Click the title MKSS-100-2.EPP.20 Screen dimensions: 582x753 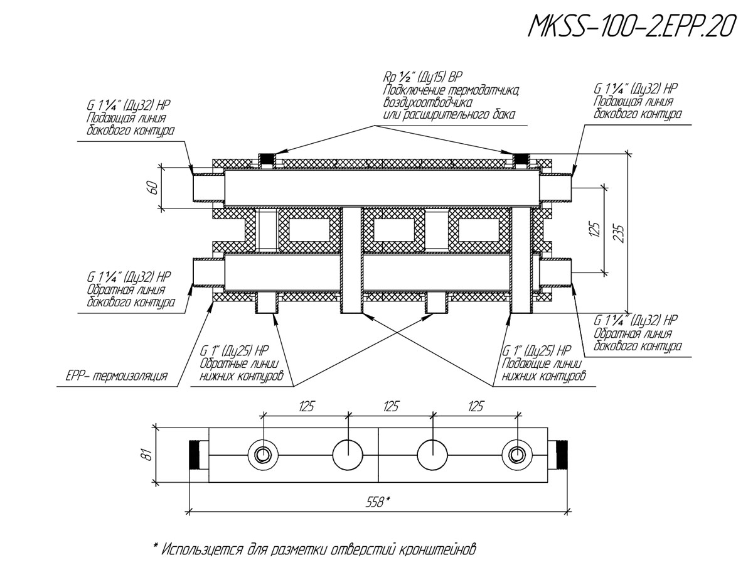[x=631, y=26]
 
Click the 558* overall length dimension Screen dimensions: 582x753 [x=378, y=502]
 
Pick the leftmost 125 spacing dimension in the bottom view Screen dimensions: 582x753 [x=306, y=407]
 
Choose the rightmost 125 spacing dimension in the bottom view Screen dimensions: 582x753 [x=475, y=407]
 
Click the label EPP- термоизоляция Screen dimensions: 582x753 [x=117, y=377]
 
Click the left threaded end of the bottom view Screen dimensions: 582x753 [x=198, y=455]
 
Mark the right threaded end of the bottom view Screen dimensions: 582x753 [x=558, y=455]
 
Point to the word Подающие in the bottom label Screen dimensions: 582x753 [x=526, y=364]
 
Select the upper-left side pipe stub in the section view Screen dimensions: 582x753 [x=208, y=187]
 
